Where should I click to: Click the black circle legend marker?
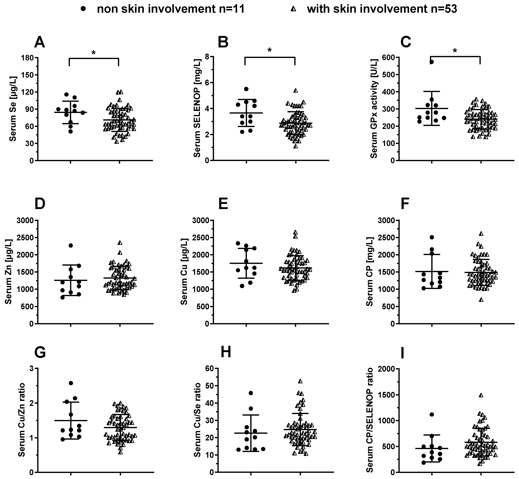(83, 9)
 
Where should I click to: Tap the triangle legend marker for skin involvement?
(293, 9)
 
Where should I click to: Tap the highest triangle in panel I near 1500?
(481, 395)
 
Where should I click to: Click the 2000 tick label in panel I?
(386, 368)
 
